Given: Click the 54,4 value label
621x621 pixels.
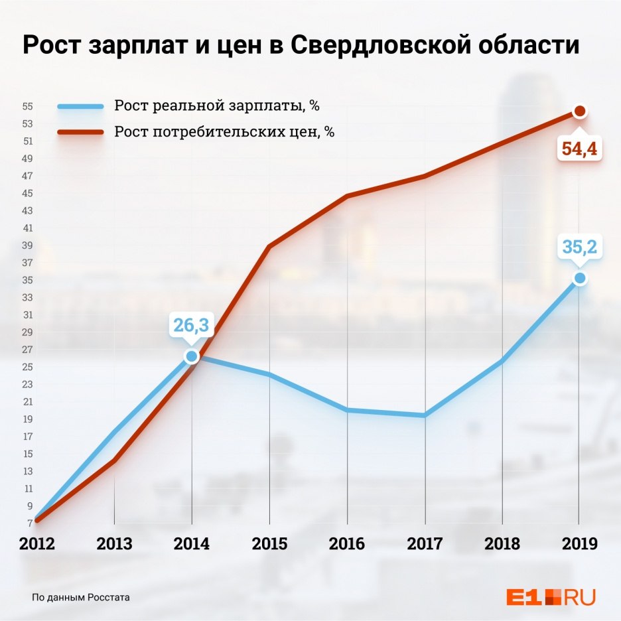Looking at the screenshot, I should (x=580, y=149).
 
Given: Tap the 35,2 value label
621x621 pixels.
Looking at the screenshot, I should (x=580, y=247).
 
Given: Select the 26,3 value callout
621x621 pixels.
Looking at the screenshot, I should (x=192, y=325).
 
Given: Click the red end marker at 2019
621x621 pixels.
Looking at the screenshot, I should (x=580, y=111).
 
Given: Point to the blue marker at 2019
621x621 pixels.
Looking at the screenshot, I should (x=580, y=278).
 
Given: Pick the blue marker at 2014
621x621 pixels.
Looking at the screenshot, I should (x=192, y=356).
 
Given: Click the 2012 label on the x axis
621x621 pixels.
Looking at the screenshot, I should (x=37, y=544).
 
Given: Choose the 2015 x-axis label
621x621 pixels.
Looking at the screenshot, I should (x=269, y=544).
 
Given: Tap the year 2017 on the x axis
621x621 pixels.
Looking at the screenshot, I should (x=425, y=544).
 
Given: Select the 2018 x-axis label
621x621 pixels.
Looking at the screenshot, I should (x=502, y=544).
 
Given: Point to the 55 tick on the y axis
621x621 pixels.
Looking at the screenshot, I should (x=28, y=106).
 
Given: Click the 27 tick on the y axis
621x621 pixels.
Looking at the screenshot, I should (x=28, y=350).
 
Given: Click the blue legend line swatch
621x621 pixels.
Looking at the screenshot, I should (x=80, y=106).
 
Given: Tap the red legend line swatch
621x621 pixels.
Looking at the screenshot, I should (x=80, y=131).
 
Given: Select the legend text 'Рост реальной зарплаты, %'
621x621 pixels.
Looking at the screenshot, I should (x=221, y=106).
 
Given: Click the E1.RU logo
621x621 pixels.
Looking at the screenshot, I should (x=550, y=596).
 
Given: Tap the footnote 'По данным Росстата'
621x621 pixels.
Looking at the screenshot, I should (x=81, y=597).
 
